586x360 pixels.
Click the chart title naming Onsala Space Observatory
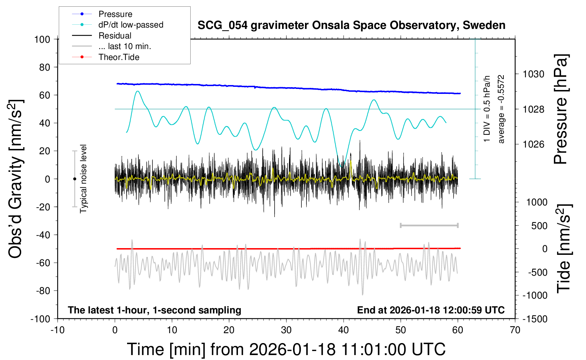(x=351, y=25)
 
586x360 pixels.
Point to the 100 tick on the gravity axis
(x=42, y=39)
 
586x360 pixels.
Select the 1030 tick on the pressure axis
(x=533, y=74)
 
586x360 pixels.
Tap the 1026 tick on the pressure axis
(x=533, y=144)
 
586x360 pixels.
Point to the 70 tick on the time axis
(x=515, y=330)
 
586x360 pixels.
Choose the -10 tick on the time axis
(x=58, y=330)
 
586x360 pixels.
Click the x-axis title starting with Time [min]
(x=286, y=349)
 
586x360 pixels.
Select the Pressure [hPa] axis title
(x=560, y=109)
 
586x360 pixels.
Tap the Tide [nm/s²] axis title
(x=564, y=248)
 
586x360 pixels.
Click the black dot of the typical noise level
(x=74, y=179)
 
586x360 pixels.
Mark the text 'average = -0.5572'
(x=501, y=109)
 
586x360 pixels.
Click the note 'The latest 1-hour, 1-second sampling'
(x=155, y=310)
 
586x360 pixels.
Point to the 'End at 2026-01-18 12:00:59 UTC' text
(x=431, y=310)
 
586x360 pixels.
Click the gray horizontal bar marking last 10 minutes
(x=429, y=226)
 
